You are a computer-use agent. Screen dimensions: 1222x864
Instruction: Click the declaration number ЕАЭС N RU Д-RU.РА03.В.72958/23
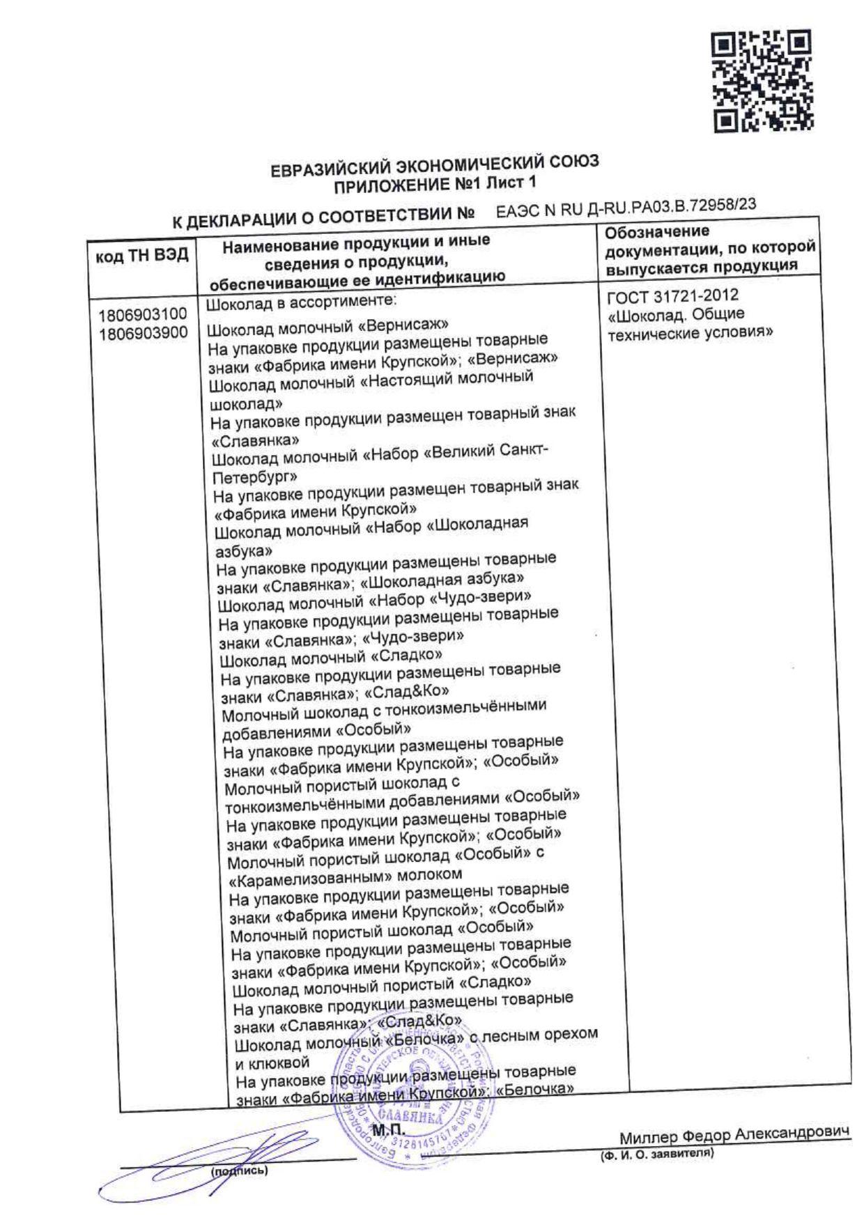[626, 208]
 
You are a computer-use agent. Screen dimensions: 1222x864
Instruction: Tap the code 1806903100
[143, 315]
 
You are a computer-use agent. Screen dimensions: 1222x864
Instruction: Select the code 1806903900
[143, 333]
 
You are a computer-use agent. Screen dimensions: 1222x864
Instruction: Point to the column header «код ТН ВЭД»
[142, 256]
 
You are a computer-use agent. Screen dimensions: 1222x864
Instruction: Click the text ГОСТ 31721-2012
[672, 297]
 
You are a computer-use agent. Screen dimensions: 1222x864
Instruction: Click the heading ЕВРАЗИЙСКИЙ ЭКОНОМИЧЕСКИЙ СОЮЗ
[434, 167]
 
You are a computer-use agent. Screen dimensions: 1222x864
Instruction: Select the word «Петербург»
[254, 478]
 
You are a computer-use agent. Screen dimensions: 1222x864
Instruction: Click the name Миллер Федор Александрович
[734, 1136]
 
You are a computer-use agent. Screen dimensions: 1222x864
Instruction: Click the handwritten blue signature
[209, 1160]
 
